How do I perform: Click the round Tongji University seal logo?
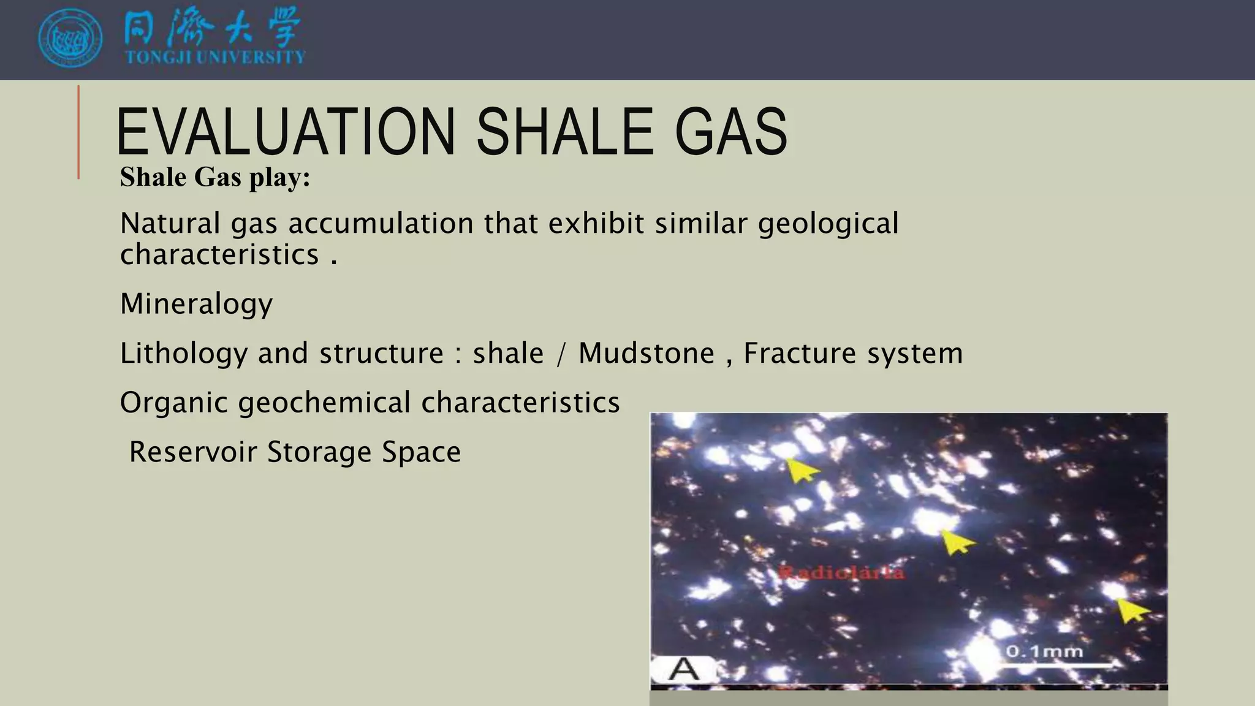click(70, 38)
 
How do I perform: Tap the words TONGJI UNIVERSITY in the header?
click(215, 58)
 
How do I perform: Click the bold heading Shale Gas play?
click(215, 178)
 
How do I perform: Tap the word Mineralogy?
click(196, 304)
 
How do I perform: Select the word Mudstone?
click(646, 354)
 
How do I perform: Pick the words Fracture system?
click(852, 354)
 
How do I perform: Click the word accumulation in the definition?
click(381, 223)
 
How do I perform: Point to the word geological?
click(828, 223)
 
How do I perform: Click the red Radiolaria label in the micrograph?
click(841, 573)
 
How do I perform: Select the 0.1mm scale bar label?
click(1044, 651)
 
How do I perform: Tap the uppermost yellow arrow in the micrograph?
click(802, 470)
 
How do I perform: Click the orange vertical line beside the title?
click(78, 132)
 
